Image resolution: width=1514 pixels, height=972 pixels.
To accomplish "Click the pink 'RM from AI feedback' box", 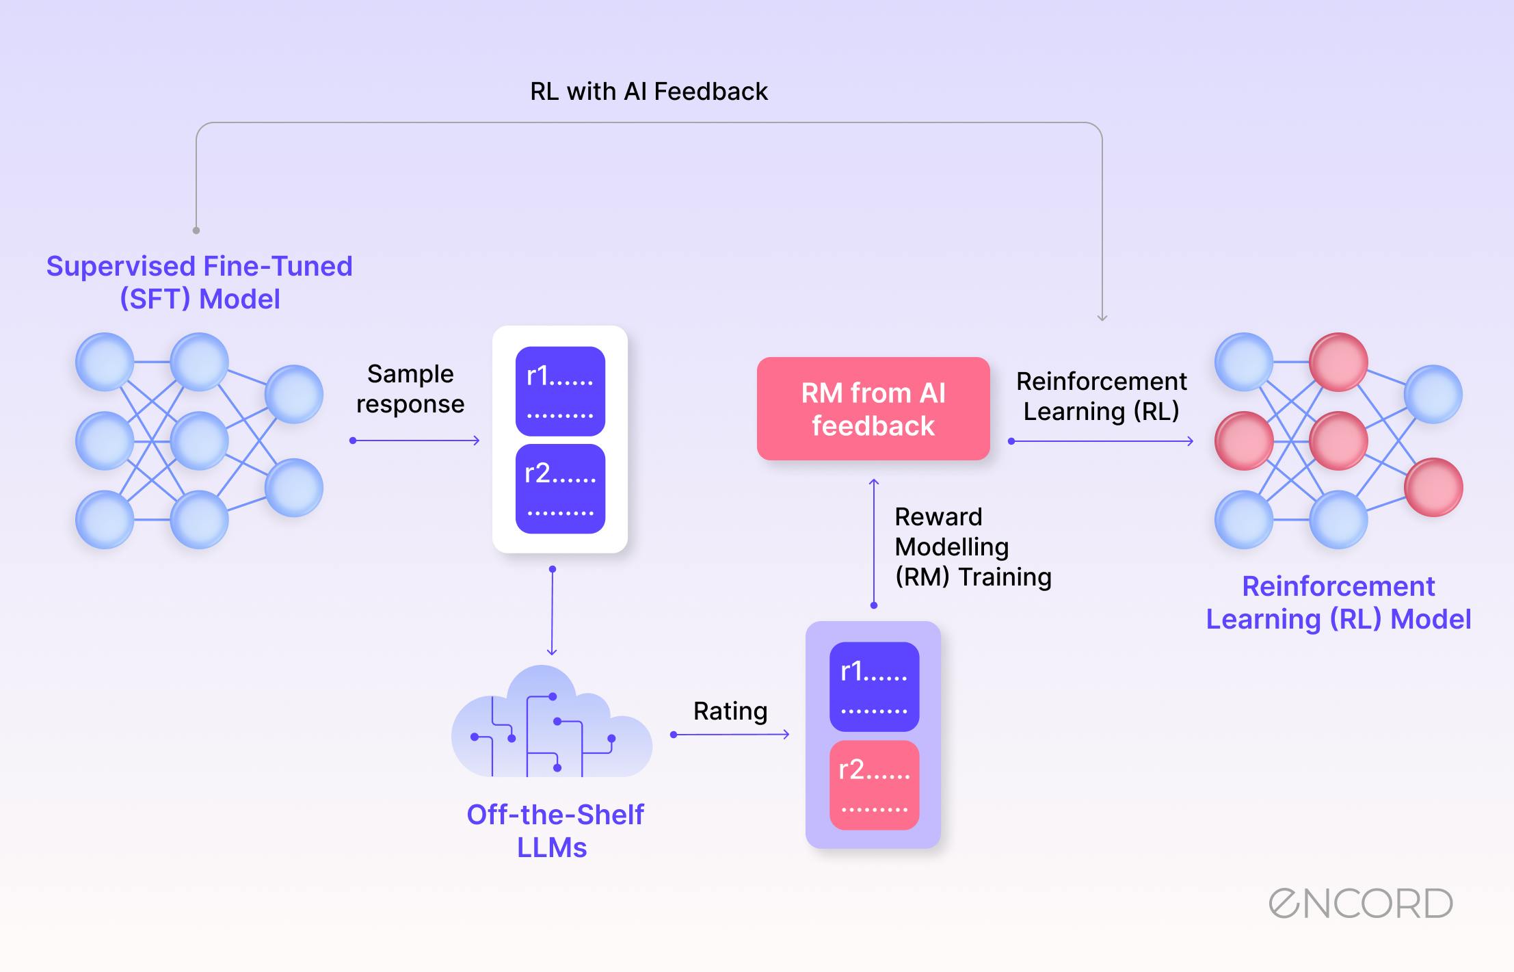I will click(873, 408).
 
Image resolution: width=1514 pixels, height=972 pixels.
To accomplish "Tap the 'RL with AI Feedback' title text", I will click(648, 92).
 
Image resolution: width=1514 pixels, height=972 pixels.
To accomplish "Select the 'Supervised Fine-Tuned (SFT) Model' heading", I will click(199, 283).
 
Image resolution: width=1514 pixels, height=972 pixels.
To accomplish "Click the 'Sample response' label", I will click(410, 389).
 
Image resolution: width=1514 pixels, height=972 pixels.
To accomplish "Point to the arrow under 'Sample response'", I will click(414, 441).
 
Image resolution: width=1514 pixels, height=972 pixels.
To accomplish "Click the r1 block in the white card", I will click(560, 391).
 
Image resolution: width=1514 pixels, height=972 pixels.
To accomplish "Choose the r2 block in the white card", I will click(560, 488).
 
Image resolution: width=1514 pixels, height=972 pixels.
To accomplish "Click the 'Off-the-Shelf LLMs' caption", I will click(554, 830).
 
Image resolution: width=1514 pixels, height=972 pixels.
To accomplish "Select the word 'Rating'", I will click(730, 711).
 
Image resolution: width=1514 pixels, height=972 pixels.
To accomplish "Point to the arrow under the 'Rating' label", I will click(730, 735).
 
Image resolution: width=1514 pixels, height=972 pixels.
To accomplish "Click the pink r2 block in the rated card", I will click(874, 785).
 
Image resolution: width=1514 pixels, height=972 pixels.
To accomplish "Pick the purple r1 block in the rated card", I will click(874, 686).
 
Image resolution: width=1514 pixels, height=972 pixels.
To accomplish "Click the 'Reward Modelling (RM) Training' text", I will click(971, 547).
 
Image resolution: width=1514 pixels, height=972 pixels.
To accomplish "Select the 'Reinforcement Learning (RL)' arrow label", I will click(1101, 396).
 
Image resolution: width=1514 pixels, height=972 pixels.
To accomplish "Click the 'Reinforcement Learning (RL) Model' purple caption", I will click(1338, 603).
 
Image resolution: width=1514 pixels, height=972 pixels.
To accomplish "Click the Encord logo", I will click(1360, 904).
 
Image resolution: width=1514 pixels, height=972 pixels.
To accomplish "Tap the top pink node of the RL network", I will click(1338, 362).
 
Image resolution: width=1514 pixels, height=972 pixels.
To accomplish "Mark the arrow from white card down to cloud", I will click(552, 612).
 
